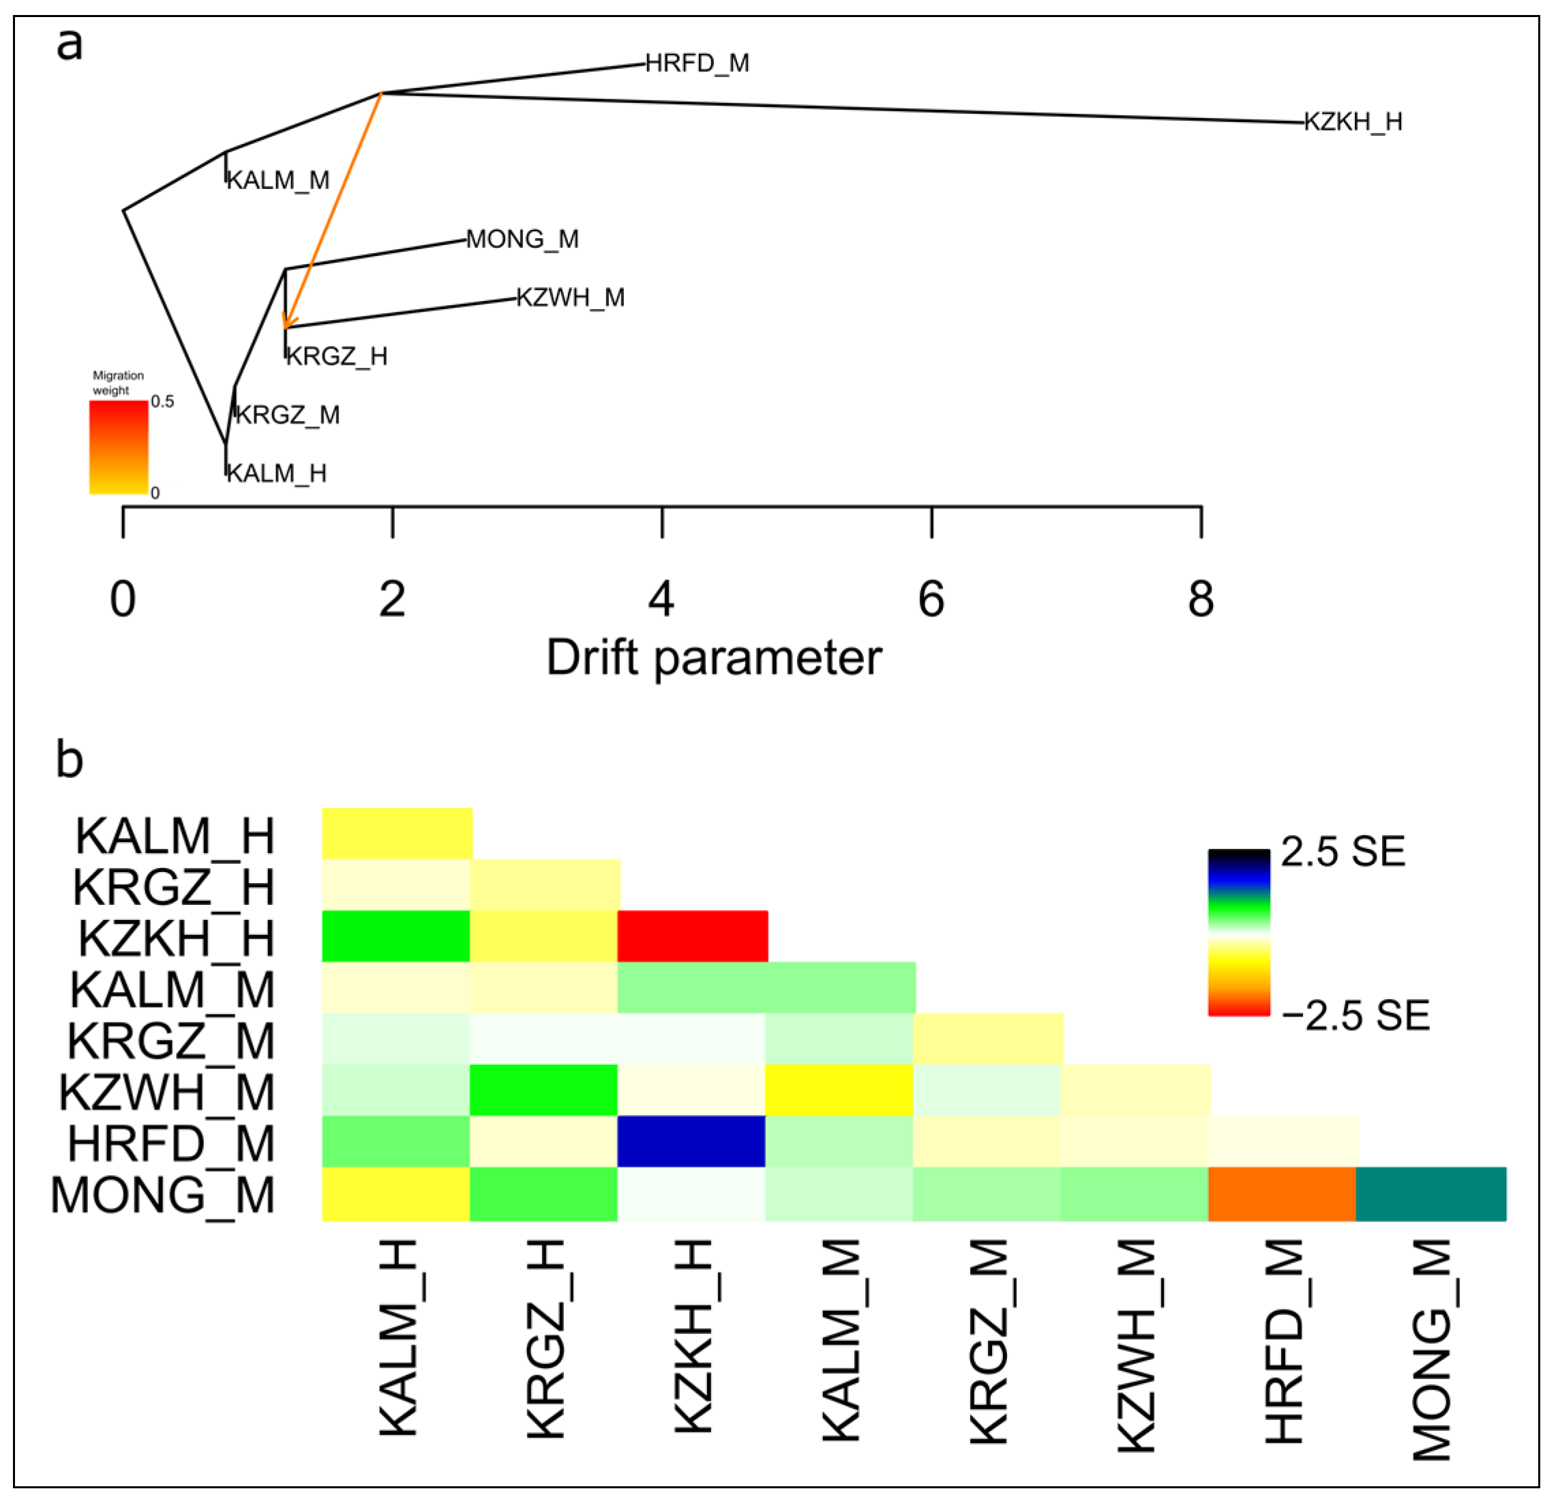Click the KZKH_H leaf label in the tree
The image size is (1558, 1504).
pos(1353,121)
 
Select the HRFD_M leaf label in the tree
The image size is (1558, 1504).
pos(697,63)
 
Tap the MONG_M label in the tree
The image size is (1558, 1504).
pos(522,240)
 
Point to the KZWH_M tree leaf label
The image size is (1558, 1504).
pos(571,298)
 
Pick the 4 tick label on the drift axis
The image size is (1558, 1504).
pos(661,599)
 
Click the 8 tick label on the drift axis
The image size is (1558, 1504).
pos(1200,599)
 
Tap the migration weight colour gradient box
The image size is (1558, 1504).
pos(119,447)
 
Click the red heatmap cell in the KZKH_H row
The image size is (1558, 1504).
pos(692,936)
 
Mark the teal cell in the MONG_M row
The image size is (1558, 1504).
pos(1430,1193)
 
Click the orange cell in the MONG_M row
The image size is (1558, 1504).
pos(1281,1193)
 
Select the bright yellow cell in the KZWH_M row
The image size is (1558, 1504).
pos(839,1090)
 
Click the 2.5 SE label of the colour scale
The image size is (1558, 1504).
pos(1343,852)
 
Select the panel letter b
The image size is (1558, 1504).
pos(70,760)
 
